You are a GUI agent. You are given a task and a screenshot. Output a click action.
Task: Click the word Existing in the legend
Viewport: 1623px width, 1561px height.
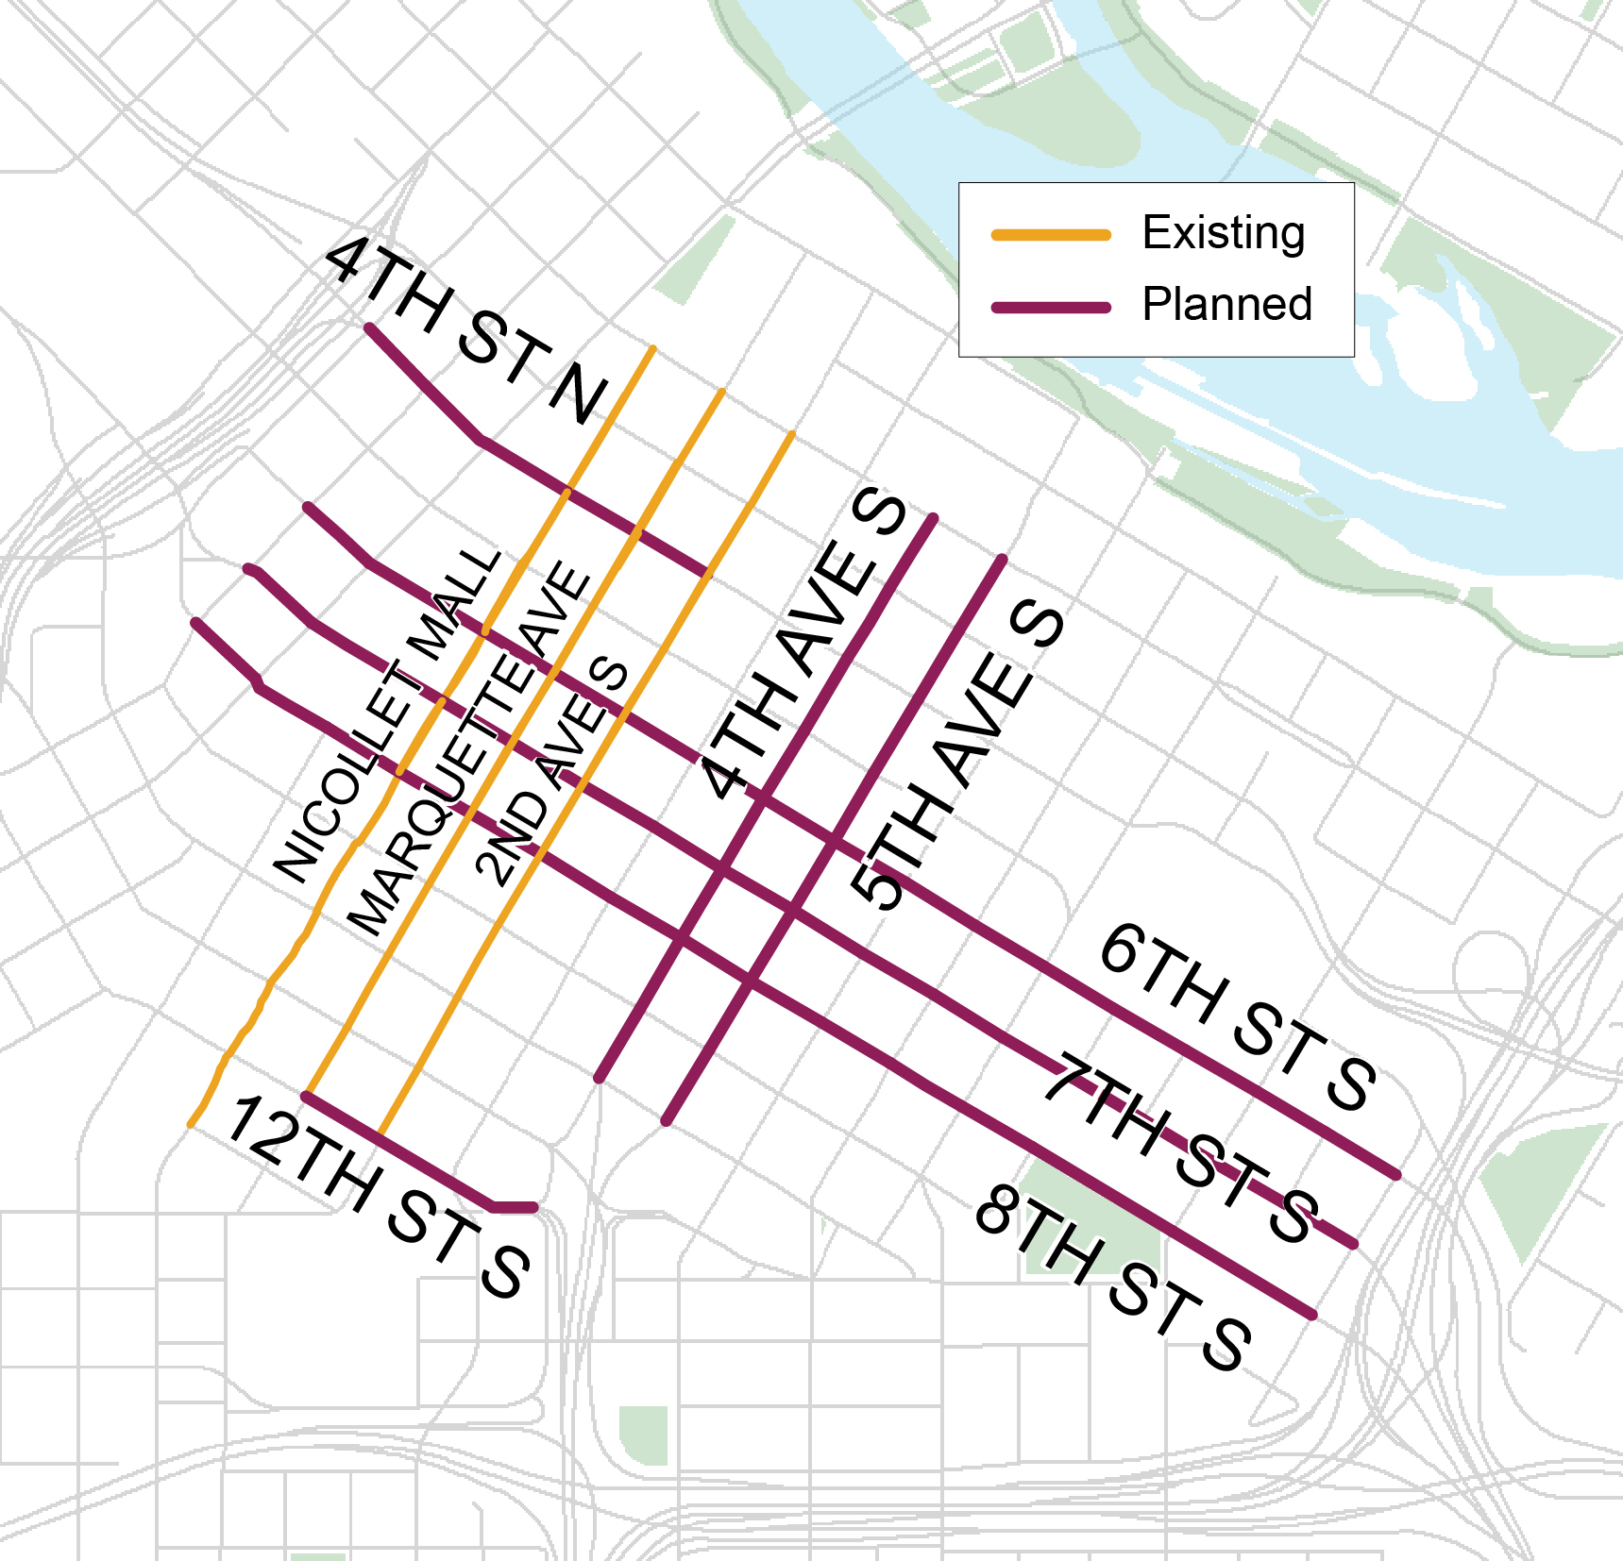click(x=1224, y=233)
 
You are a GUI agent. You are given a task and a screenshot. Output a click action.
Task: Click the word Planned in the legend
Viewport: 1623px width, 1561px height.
click(x=1226, y=305)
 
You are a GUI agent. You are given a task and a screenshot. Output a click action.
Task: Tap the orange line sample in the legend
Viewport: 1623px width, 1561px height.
click(x=1051, y=234)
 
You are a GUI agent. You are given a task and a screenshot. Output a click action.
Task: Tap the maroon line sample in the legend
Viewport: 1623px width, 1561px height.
click(x=1051, y=308)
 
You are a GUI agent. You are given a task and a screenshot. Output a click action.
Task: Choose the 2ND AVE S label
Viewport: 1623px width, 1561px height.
click(x=551, y=770)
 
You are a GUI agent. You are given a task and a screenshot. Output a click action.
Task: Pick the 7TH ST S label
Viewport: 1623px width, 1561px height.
click(x=1180, y=1148)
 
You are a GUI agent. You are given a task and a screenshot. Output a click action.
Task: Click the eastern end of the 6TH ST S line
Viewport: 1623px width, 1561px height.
click(x=1396, y=1175)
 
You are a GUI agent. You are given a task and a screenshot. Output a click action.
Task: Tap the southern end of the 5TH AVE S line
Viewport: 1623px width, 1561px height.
click(x=667, y=1122)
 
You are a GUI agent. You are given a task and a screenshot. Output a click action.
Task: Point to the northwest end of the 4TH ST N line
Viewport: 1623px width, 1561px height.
click(x=369, y=327)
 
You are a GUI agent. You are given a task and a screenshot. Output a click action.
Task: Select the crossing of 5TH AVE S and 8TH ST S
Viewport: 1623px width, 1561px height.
click(x=748, y=982)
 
